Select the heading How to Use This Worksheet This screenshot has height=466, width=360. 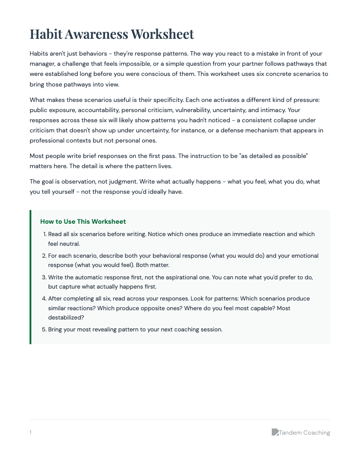[83, 222]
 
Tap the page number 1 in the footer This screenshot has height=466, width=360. [30, 432]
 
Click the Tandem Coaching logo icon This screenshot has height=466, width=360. [275, 432]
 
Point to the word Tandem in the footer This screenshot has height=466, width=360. [290, 432]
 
